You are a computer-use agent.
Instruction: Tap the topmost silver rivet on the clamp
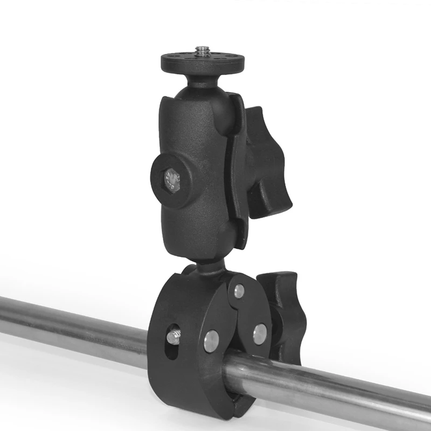239,291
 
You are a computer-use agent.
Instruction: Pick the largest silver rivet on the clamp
211,340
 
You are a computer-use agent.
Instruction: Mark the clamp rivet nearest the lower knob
260,333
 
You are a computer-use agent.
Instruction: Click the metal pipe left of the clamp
70,323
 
